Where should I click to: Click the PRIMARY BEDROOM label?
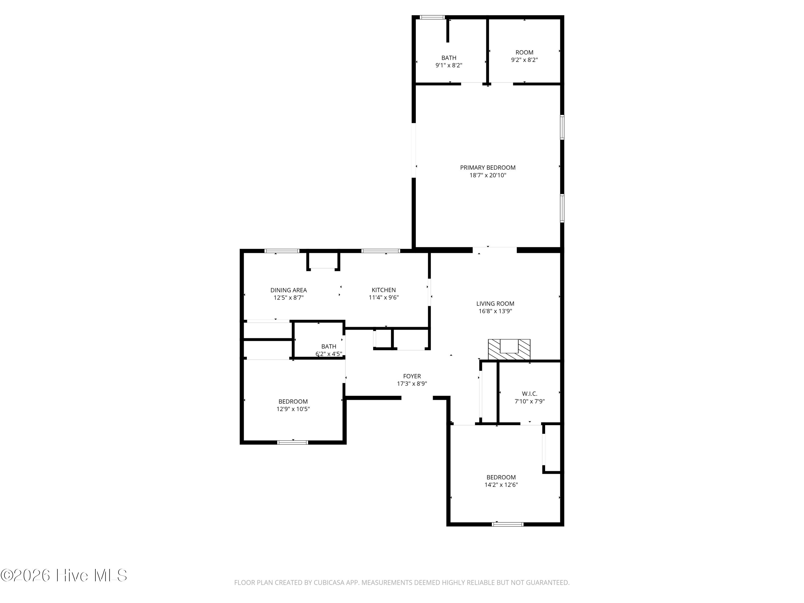(488, 167)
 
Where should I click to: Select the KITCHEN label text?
(384, 290)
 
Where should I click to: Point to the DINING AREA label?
(289, 290)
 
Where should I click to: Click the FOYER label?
(412, 376)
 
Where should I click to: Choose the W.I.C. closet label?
(530, 394)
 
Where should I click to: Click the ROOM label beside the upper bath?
(524, 52)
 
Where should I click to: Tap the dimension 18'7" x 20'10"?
(488, 175)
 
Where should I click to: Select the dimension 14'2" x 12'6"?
(501, 485)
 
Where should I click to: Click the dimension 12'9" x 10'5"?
(293, 409)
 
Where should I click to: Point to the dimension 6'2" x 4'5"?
(329, 354)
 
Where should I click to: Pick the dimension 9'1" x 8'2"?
(449, 65)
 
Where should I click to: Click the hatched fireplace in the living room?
(509, 350)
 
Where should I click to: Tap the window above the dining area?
(282, 251)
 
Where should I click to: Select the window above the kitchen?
(381, 251)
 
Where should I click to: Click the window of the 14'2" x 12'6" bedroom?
(508, 524)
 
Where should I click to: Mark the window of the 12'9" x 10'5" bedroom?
(293, 442)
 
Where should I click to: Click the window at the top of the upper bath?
(432, 17)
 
